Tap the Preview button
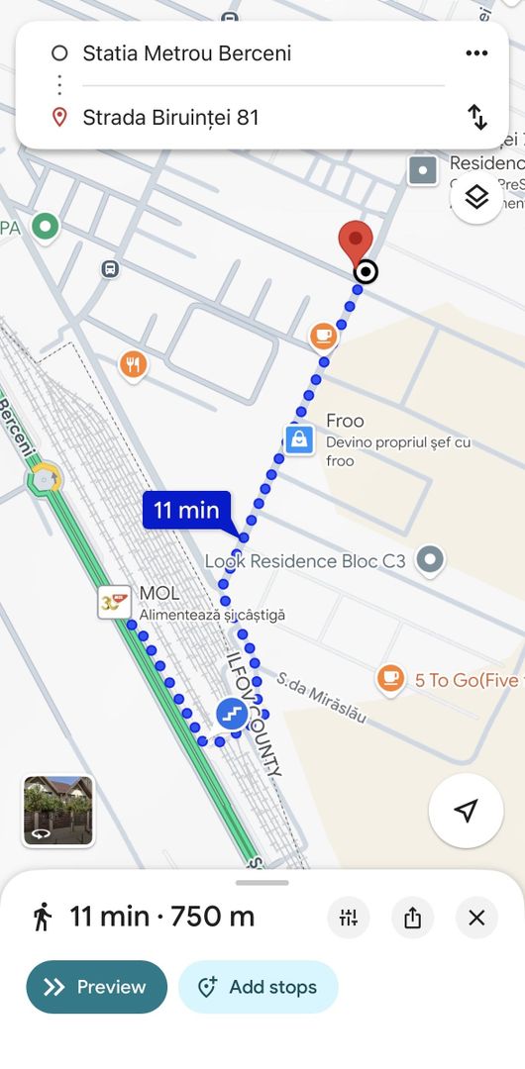click(96, 987)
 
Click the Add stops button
click(259, 987)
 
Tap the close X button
click(476, 918)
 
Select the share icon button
click(413, 918)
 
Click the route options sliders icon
click(349, 918)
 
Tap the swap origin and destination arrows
click(477, 117)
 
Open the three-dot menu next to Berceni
click(476, 53)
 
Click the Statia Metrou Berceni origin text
click(186, 53)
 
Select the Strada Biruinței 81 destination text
click(170, 118)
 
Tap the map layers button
click(476, 197)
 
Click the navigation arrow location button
click(466, 811)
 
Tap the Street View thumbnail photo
click(58, 811)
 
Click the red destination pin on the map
click(356, 241)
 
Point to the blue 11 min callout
click(186, 511)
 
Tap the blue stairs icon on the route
click(232, 713)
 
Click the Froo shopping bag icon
click(298, 438)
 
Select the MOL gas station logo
click(114, 601)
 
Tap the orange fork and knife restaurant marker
click(134, 365)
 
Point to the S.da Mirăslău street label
click(321, 697)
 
